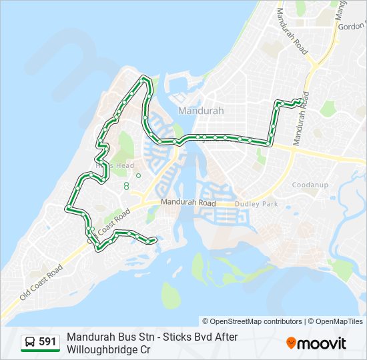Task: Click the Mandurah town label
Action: pyautogui.click(x=201, y=111)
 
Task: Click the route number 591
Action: pyautogui.click(x=47, y=342)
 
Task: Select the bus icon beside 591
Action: pyautogui.click(x=31, y=342)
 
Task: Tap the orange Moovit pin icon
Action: pyautogui.click(x=291, y=343)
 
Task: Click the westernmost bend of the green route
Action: pyautogui.click(x=67, y=209)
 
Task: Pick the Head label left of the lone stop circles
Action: pyautogui.click(x=124, y=165)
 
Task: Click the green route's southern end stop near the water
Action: pyautogui.click(x=155, y=240)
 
